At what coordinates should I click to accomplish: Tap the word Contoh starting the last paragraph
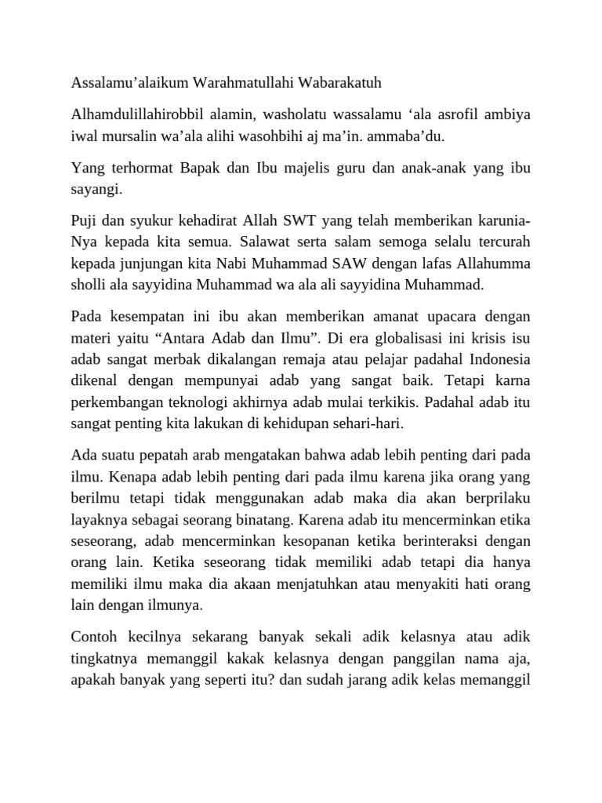pyautogui.click(x=93, y=636)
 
